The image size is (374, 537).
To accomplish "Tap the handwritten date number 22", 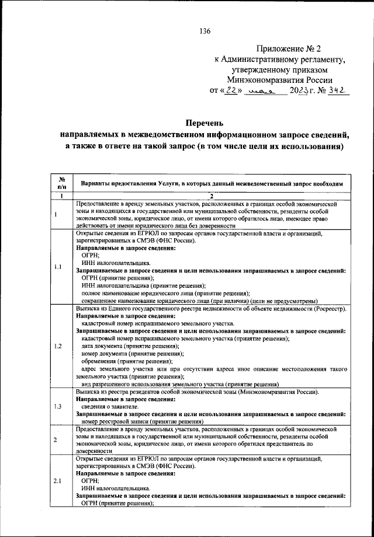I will click(231, 90).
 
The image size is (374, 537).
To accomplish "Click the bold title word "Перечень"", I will click(204, 123).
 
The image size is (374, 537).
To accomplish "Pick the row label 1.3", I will click(58, 406).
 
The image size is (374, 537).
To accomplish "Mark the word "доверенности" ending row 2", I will click(94, 451).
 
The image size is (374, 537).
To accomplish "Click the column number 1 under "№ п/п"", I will click(61, 196).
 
